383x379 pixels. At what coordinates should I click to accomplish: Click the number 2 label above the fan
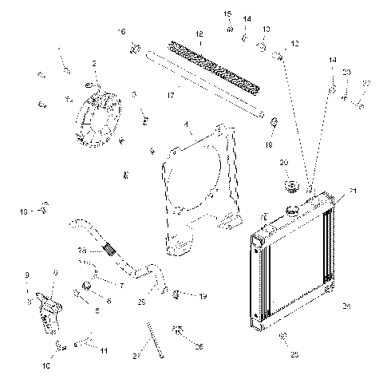(94, 64)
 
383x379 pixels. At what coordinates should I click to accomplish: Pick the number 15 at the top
(228, 14)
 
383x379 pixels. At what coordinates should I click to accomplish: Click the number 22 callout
(365, 84)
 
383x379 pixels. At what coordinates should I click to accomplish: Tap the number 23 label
(346, 73)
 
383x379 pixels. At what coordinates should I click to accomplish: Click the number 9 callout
(28, 275)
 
